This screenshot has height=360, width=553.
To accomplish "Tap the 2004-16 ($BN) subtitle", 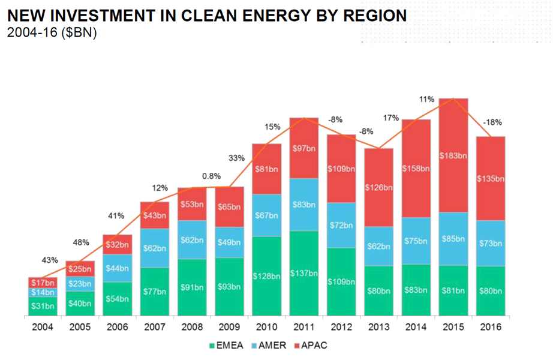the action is click(x=52, y=32).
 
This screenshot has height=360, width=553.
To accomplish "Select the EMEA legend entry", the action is click(x=226, y=345).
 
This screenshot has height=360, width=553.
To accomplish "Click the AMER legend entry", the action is click(x=269, y=345).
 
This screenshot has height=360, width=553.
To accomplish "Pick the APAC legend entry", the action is click(x=310, y=345).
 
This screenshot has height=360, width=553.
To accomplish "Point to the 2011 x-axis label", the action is click(x=303, y=327).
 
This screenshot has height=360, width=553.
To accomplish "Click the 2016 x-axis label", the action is click(x=491, y=327).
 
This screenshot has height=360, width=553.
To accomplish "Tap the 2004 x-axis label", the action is click(x=43, y=327).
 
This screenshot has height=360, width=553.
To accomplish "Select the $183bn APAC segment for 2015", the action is click(x=453, y=155).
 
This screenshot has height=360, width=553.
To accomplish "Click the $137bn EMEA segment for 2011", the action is click(x=303, y=273).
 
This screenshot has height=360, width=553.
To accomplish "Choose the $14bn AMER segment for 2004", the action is click(x=43, y=292).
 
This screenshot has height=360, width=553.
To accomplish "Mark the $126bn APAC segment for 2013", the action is click(x=378, y=187).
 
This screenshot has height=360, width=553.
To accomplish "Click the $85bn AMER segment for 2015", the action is click(x=453, y=239).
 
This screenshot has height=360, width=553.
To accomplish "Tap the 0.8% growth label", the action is click(x=211, y=176).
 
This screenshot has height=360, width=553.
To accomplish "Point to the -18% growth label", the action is click(x=492, y=122).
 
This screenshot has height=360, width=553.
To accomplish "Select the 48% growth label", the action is click(x=81, y=242).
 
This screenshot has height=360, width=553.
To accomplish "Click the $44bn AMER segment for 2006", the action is click(x=118, y=268).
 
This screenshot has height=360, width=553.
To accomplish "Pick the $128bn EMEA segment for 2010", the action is click(x=267, y=276).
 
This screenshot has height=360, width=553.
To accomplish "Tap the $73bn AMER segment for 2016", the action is click(x=491, y=243).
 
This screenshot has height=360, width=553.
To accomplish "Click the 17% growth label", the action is click(x=391, y=118).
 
